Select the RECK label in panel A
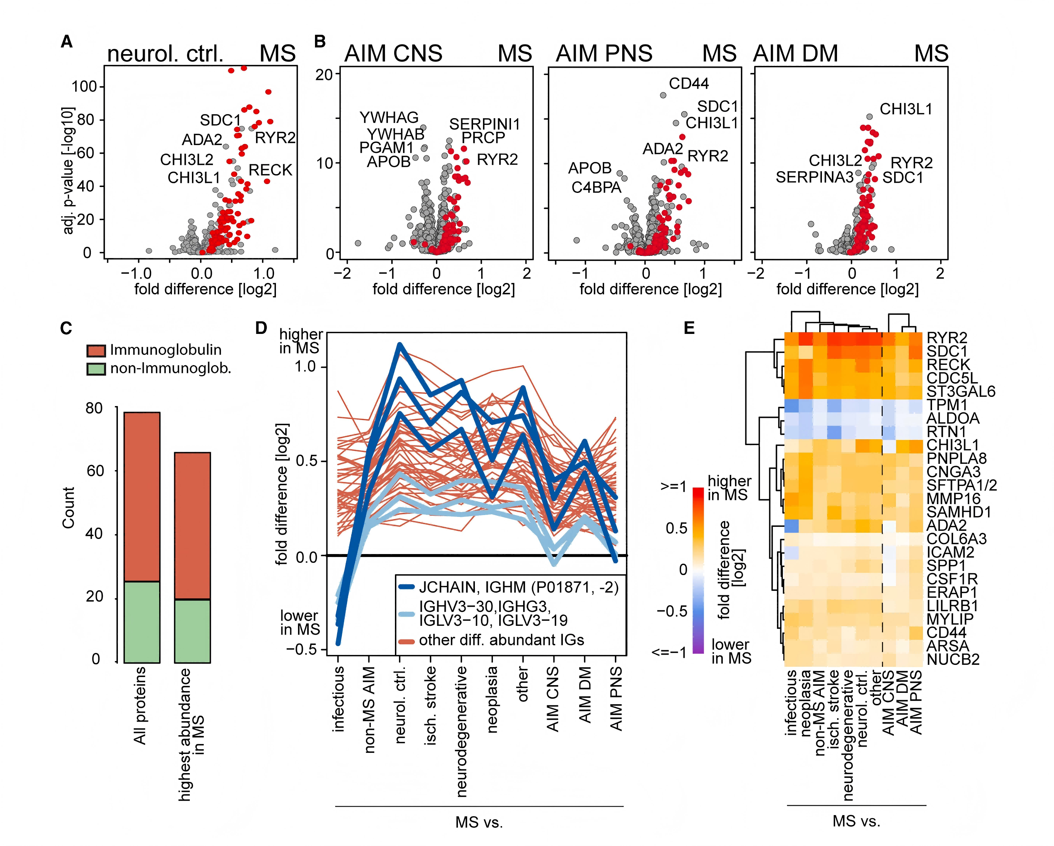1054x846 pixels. coord(270,170)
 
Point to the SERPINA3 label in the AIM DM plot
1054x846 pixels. coord(815,177)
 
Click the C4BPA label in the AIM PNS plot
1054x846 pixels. coord(596,187)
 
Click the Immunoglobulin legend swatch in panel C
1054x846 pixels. coord(96,350)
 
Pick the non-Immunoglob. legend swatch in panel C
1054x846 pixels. coord(96,368)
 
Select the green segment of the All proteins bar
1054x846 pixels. coord(142,621)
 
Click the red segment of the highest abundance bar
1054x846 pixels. coord(193,525)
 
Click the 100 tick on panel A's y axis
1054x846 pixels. coord(85,87)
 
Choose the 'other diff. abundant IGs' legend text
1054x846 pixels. coord(501,640)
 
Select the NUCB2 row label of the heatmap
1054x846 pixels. coord(953,659)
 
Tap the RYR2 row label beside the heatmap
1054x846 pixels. coord(946,338)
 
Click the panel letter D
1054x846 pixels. coord(261,328)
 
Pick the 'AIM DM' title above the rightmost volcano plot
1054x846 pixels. coord(795,53)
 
